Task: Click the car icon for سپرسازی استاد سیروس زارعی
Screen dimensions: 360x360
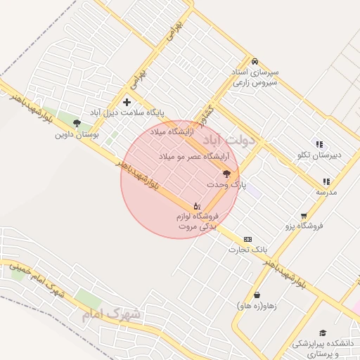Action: click(255, 60)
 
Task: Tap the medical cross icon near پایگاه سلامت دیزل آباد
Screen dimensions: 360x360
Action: click(127, 103)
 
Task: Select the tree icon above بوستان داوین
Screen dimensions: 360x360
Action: click(77, 122)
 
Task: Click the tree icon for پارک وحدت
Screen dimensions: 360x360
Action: click(226, 173)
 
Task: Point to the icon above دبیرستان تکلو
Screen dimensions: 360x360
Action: click(319, 144)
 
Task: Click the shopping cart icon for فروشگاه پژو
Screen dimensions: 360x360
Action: click(304, 216)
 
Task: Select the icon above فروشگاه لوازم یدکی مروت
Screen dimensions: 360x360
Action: click(196, 206)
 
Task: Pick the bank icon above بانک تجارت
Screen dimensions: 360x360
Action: click(247, 239)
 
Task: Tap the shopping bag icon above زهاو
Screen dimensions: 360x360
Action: click(257, 295)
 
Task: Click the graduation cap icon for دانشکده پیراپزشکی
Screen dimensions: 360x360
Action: click(323, 333)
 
